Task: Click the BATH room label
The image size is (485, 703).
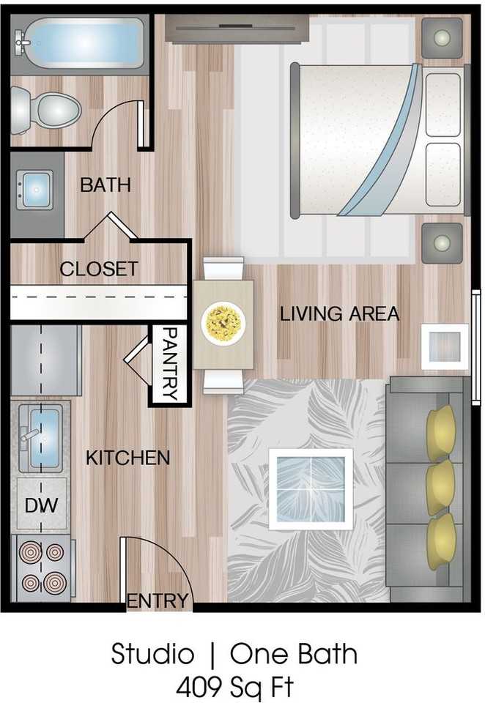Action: (105, 185)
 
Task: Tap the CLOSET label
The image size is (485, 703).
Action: (98, 269)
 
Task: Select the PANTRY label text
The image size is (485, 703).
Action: (169, 364)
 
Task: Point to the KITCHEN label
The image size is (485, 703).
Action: (127, 458)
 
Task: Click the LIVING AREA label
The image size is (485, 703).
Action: (339, 314)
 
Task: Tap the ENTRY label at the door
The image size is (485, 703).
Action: (158, 601)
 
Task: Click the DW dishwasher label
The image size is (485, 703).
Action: (41, 505)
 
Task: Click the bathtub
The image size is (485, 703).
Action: (81, 42)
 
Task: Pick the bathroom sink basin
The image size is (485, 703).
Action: (34, 190)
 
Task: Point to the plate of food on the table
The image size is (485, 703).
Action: (223, 323)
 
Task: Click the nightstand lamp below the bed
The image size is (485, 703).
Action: (442, 242)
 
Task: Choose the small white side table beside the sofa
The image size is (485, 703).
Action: (444, 346)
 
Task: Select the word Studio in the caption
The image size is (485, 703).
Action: (152, 654)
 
